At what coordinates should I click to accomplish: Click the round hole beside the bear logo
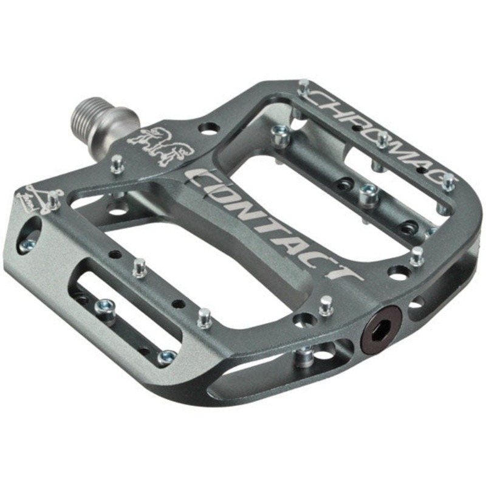point(208,129)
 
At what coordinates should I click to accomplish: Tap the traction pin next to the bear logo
point(116,163)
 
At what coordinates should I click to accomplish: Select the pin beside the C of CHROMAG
point(304,89)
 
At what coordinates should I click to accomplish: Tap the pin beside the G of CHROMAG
point(448,180)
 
